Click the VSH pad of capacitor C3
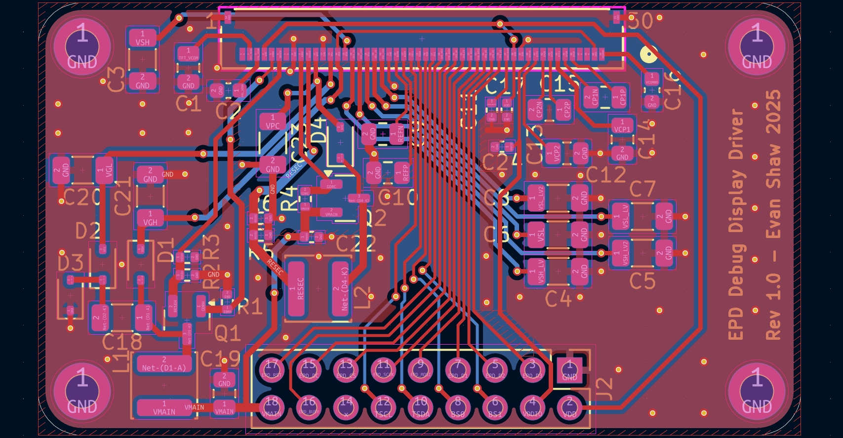pyautogui.click(x=142, y=38)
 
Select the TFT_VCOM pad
pyautogui.click(x=188, y=54)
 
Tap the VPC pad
pyautogui.click(x=273, y=121)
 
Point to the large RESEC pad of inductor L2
pyautogui.click(x=296, y=289)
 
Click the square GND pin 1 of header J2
pyautogui.click(x=569, y=369)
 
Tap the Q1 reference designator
pyautogui.click(x=228, y=334)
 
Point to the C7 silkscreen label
pyautogui.click(x=642, y=189)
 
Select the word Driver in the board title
pyautogui.click(x=736, y=134)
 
